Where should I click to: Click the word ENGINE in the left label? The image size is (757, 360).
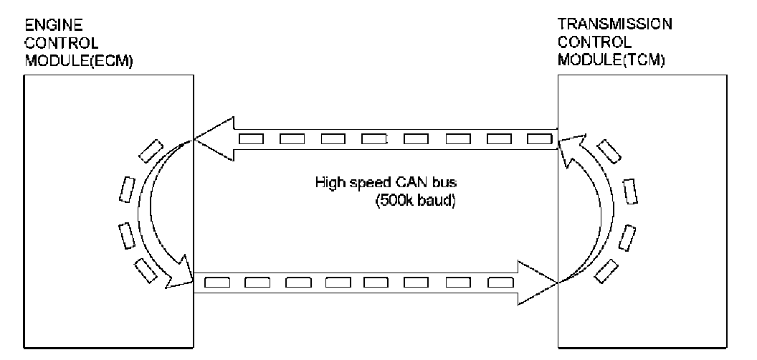[x=42, y=24]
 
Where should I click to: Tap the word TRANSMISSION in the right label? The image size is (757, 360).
[x=614, y=24]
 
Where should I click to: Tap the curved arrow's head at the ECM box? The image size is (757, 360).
[x=179, y=276]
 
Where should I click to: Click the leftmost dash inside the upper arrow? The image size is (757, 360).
[x=249, y=138]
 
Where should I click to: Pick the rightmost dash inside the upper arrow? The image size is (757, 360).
[x=538, y=138]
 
